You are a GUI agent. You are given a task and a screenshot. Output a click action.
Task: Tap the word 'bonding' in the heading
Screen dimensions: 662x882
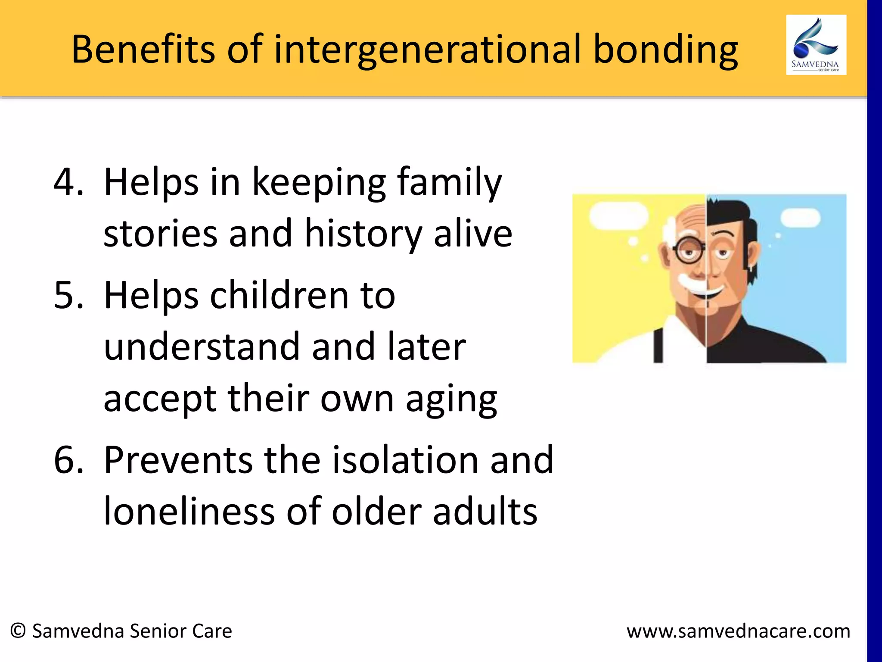click(x=665, y=51)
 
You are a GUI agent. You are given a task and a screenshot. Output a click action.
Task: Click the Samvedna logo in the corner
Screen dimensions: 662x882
click(x=816, y=45)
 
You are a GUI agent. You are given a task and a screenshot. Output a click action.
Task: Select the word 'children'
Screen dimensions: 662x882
click(x=280, y=296)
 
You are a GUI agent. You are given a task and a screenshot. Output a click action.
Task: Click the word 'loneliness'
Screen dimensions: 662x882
click(x=189, y=512)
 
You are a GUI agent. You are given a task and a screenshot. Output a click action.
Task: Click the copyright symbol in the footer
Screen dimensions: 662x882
click(x=18, y=631)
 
